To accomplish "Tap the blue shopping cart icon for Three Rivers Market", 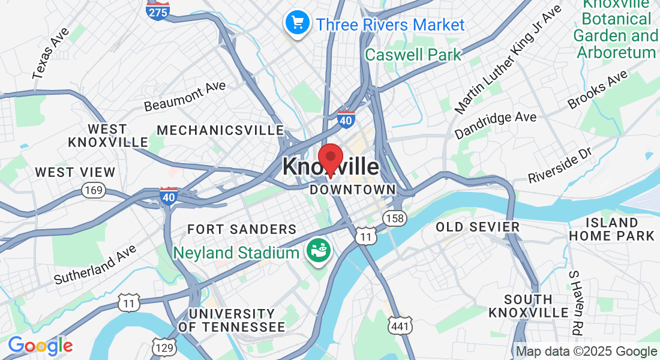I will [x=296, y=23].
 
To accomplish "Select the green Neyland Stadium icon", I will [x=317, y=251].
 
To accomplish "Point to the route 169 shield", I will [x=94, y=191].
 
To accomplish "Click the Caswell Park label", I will [x=413, y=55].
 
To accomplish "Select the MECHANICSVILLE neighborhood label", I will [x=220, y=130].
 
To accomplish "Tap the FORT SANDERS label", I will [x=242, y=229].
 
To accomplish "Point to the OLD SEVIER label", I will [x=478, y=227].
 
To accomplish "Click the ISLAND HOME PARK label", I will [x=611, y=229].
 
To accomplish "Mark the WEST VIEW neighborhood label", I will [x=75, y=172].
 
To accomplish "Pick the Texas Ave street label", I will [x=51, y=53].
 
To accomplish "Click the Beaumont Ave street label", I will [x=185, y=97].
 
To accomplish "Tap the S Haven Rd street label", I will [x=576, y=302].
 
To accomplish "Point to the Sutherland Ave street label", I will [x=95, y=265].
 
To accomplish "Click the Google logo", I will [x=40, y=346].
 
